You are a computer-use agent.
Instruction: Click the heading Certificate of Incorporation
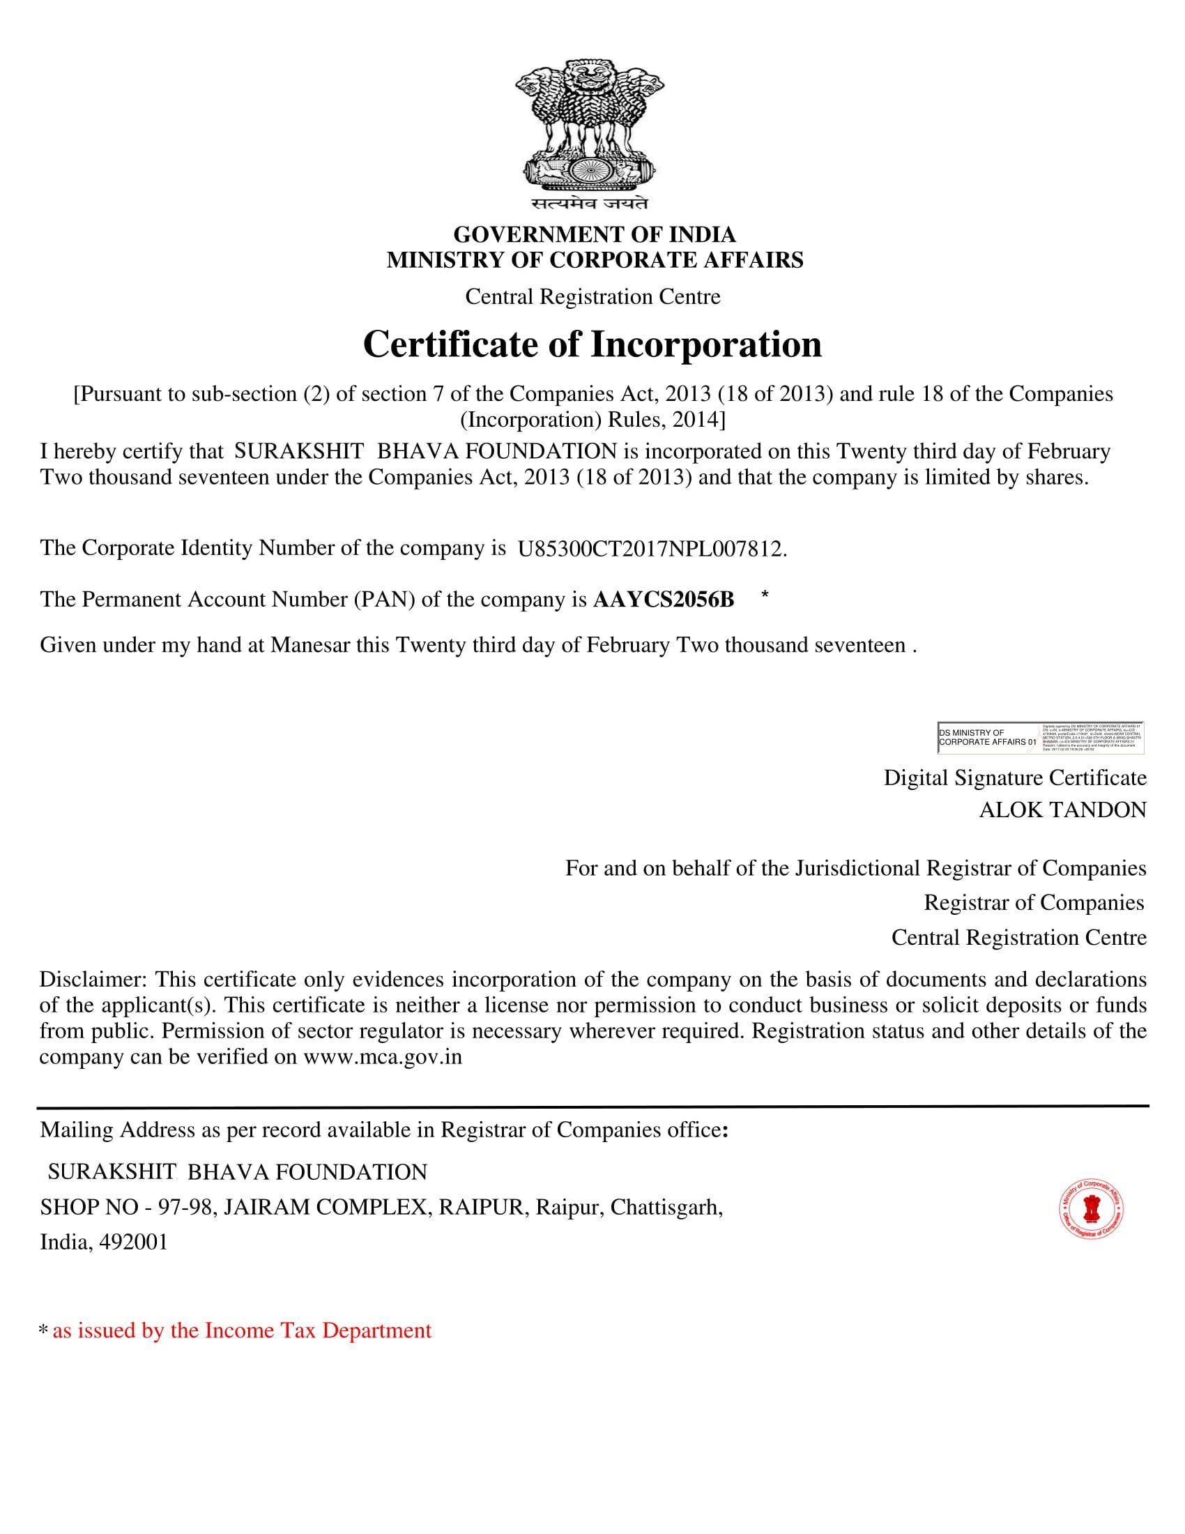click(x=592, y=345)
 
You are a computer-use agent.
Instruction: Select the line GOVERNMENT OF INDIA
click(x=594, y=234)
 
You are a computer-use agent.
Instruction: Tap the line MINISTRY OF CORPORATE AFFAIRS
click(x=594, y=260)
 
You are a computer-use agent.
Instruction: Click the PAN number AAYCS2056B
click(x=664, y=600)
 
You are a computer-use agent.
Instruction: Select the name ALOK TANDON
click(x=1062, y=810)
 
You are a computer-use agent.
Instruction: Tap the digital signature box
click(x=1040, y=738)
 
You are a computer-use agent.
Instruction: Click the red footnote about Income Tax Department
click(x=241, y=1330)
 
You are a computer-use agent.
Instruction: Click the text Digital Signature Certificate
click(x=1014, y=777)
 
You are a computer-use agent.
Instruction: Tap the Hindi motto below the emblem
click(x=590, y=204)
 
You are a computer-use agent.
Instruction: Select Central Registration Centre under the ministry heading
click(x=592, y=296)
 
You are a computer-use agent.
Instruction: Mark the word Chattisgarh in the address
click(x=666, y=1208)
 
